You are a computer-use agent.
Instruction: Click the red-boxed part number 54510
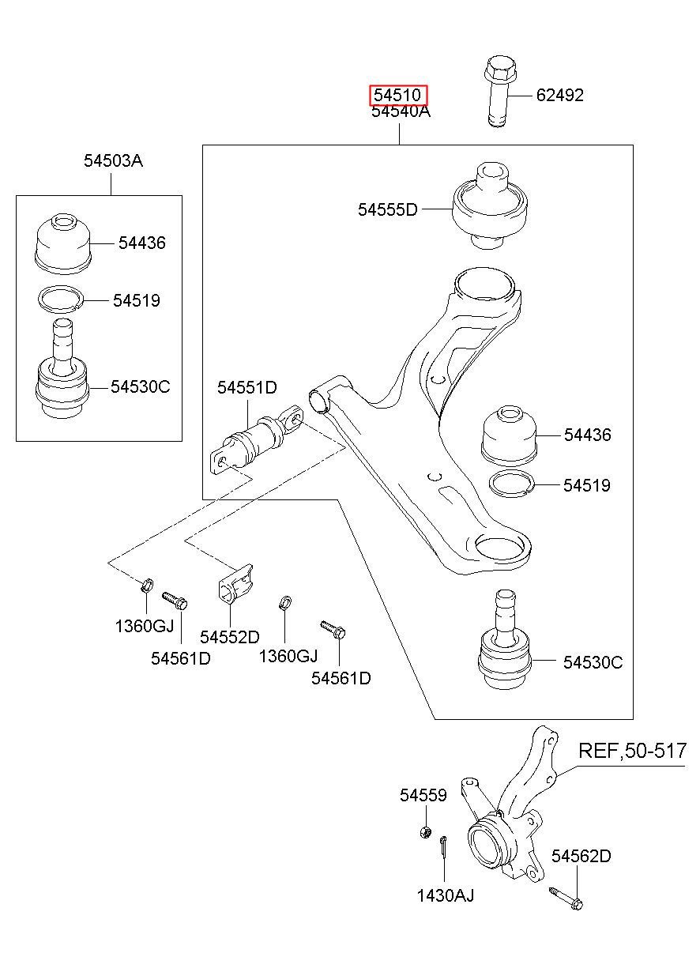tap(399, 96)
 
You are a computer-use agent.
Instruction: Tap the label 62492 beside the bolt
tap(559, 96)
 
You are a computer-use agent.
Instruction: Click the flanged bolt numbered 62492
tap(497, 91)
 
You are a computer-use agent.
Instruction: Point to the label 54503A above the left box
tap(113, 161)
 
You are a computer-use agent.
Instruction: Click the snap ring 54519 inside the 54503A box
tap(62, 299)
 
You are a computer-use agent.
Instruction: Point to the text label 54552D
tap(229, 637)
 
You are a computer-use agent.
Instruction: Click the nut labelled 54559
tap(424, 832)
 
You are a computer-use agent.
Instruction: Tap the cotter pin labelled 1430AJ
tap(444, 848)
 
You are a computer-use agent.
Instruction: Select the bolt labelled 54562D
tap(566, 898)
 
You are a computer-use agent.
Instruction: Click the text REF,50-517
tap(632, 751)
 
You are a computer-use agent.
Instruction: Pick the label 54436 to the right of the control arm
tap(586, 435)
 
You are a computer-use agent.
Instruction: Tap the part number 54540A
tap(401, 111)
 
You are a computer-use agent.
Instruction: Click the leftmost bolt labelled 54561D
tap(174, 601)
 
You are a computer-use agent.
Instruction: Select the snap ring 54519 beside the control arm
tap(512, 483)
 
